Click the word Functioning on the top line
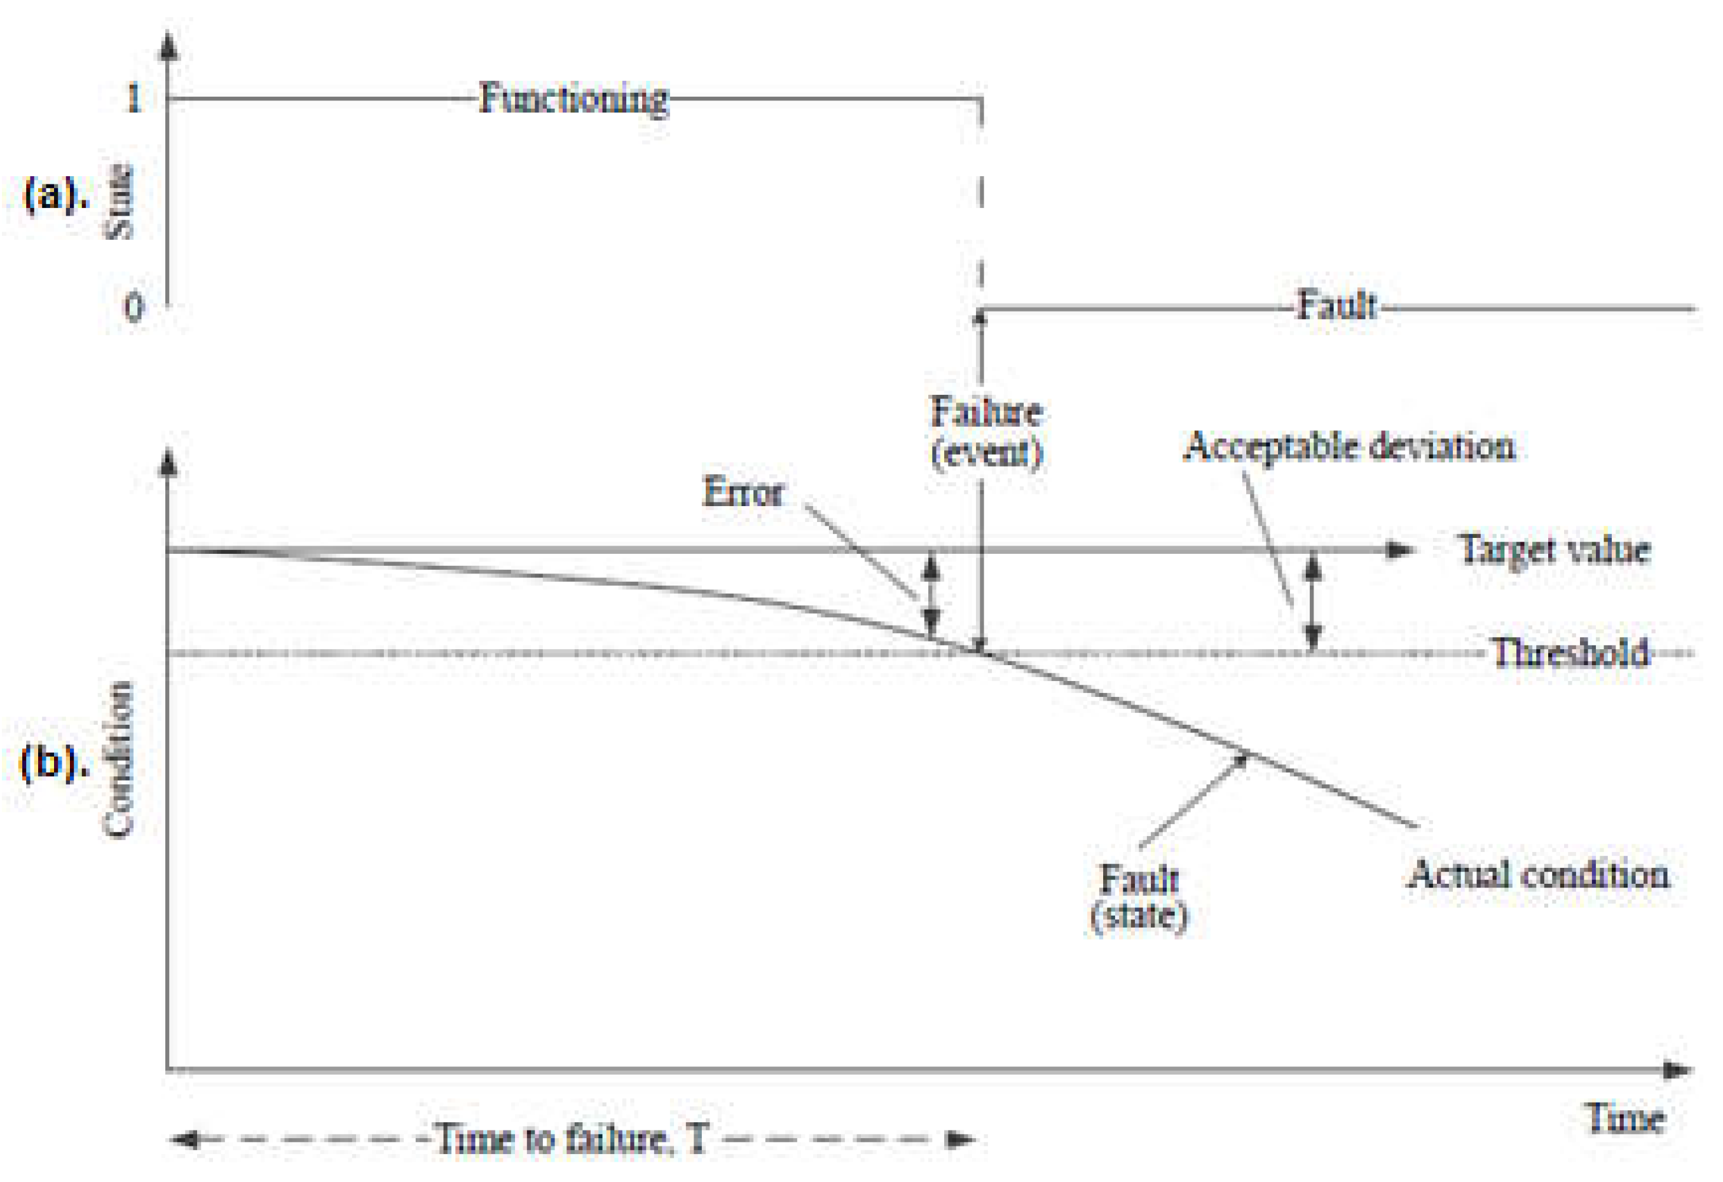pos(573,99)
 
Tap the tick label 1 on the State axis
pos(134,98)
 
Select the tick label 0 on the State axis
pos(134,306)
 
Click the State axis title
pos(119,202)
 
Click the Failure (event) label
pos(987,432)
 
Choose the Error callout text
pos(742,491)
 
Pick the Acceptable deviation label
pos(1349,447)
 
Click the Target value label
pos(1554,550)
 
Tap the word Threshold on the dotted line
pos(1570,653)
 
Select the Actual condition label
pos(1539,874)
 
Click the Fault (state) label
pos(1139,898)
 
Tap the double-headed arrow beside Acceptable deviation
pos(1313,602)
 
